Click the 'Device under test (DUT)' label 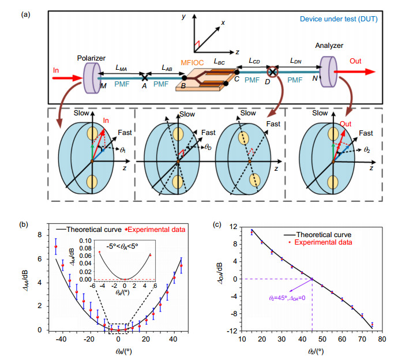339,19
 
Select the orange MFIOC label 192,62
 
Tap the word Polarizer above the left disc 91,58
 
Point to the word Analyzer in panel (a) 329,46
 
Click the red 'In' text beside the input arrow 56,70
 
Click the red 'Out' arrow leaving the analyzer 355,72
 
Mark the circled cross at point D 272,72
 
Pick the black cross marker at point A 145,77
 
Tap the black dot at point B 184,78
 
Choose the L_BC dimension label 219,62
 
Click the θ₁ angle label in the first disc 123,150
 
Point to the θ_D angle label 208,147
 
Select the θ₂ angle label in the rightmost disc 367,150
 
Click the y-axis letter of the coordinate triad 183,17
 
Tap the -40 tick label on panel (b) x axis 61,339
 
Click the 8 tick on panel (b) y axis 39,235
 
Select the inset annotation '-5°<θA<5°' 122,246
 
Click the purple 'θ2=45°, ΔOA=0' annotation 287,298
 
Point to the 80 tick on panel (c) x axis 382,339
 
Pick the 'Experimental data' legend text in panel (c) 323,242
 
